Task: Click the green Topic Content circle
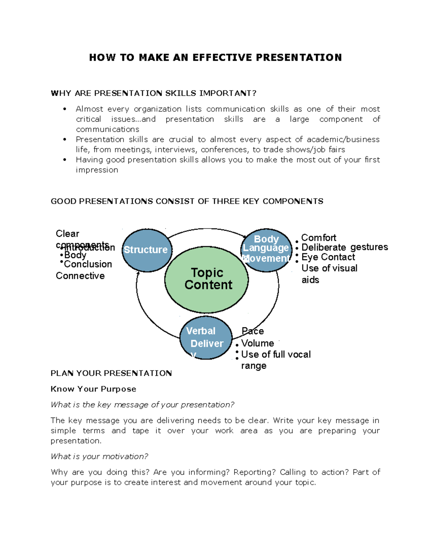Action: [x=207, y=280]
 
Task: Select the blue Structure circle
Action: [x=147, y=250]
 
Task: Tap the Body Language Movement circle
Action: [x=266, y=250]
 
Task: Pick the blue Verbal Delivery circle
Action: [x=206, y=338]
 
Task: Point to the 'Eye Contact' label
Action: [x=328, y=257]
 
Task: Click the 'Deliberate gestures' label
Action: [x=344, y=247]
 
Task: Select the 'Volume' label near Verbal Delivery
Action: [x=258, y=343]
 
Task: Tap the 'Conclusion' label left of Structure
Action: [x=88, y=264]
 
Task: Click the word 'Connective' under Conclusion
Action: [x=80, y=276]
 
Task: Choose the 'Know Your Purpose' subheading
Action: [x=93, y=389]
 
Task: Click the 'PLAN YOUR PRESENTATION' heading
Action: [x=111, y=373]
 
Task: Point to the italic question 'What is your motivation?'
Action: [x=99, y=456]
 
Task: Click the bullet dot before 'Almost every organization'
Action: [x=65, y=109]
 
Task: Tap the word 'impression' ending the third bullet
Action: [x=97, y=170]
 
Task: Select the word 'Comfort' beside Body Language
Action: [x=319, y=238]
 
